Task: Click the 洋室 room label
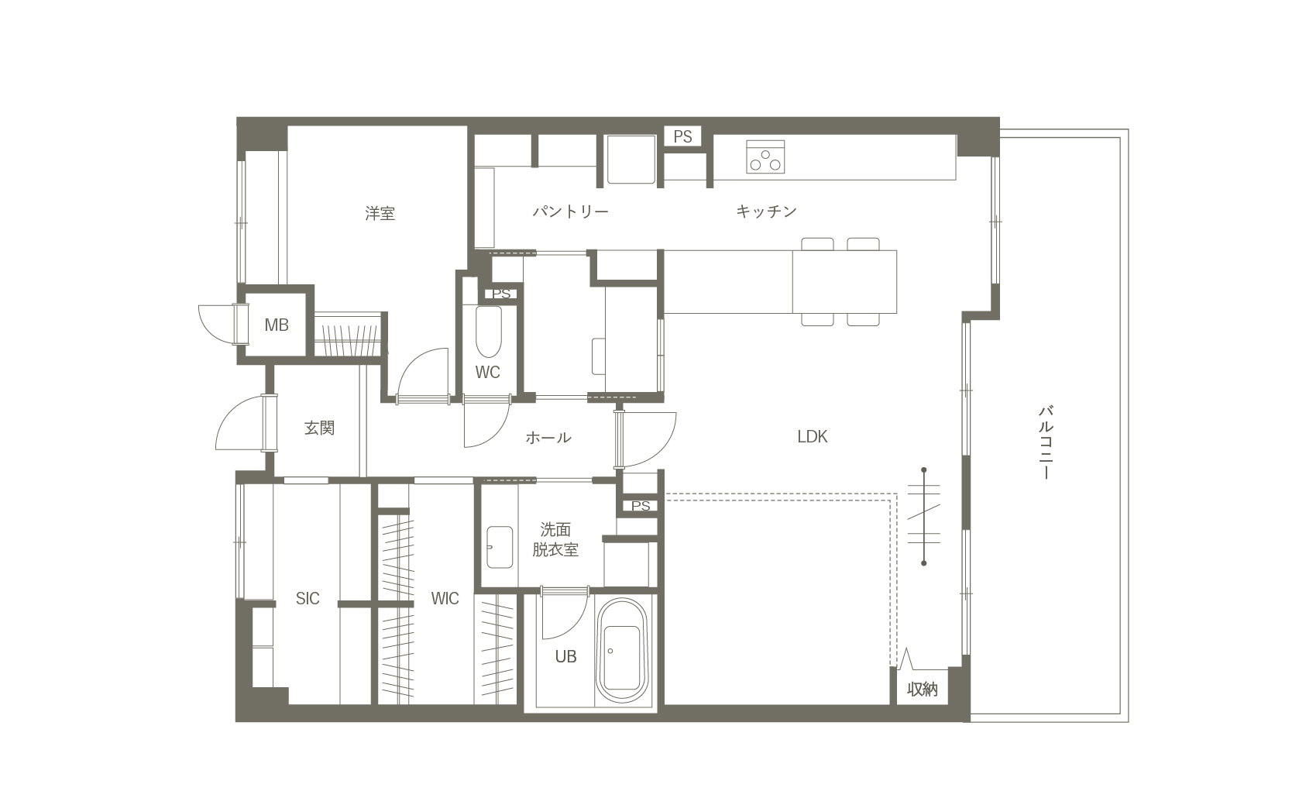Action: pyautogui.click(x=380, y=213)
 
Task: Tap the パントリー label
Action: pyautogui.click(x=571, y=212)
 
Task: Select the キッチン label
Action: pyautogui.click(x=766, y=212)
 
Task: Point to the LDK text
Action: pyautogui.click(x=812, y=437)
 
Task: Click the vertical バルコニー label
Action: pyautogui.click(x=1045, y=442)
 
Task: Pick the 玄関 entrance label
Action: pyautogui.click(x=320, y=428)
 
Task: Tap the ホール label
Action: pyautogui.click(x=548, y=438)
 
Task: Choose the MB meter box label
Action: pyautogui.click(x=277, y=325)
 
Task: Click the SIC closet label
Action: pyautogui.click(x=308, y=598)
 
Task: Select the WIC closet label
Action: pyautogui.click(x=445, y=598)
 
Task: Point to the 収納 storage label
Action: pyautogui.click(x=922, y=689)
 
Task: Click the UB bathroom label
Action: pyautogui.click(x=565, y=656)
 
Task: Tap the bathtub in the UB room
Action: pyautogui.click(x=622, y=651)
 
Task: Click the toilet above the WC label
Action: pyautogui.click(x=488, y=332)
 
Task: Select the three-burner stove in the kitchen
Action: pyautogui.click(x=765, y=157)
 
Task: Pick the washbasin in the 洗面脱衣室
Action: pyautogui.click(x=500, y=547)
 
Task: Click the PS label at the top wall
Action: pyautogui.click(x=682, y=137)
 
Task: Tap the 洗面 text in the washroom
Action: pyautogui.click(x=555, y=529)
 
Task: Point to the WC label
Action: pyautogui.click(x=488, y=373)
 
